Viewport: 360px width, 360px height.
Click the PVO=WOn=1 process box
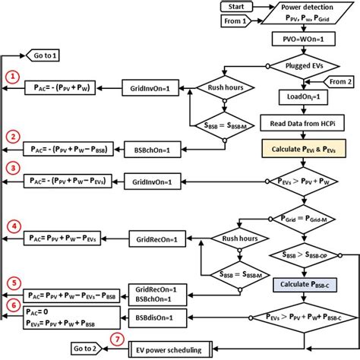pos(303,37)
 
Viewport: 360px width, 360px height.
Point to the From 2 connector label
pos(339,80)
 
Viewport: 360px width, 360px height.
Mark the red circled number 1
pos(12,77)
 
